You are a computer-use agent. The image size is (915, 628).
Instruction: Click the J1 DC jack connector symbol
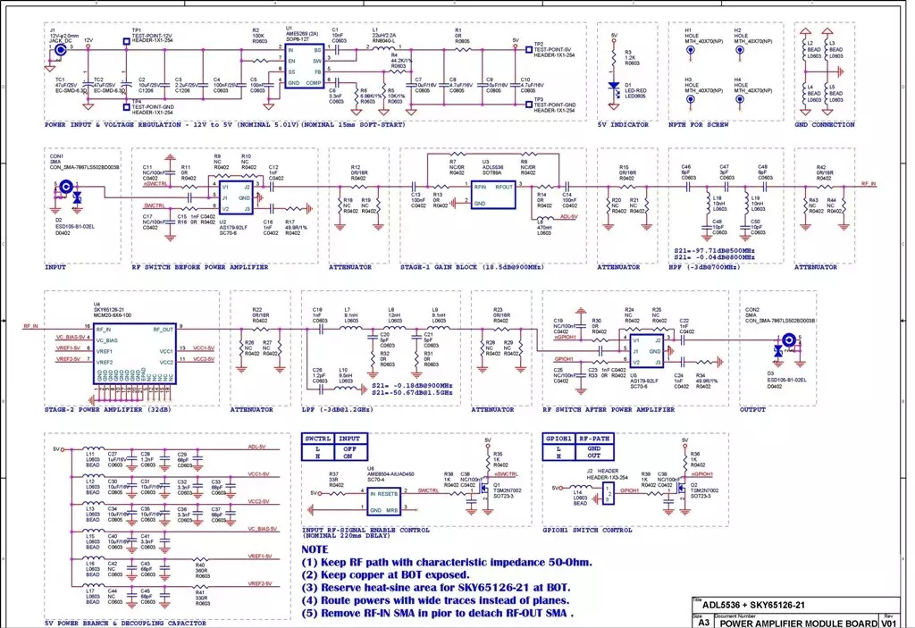pos(60,51)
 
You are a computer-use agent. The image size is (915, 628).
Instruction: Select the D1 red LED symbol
pos(614,88)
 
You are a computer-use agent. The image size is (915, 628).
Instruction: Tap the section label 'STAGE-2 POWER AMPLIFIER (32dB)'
pos(109,409)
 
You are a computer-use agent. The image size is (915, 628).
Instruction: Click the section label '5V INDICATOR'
pos(623,124)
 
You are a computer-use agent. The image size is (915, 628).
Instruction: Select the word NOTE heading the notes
pos(315,548)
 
